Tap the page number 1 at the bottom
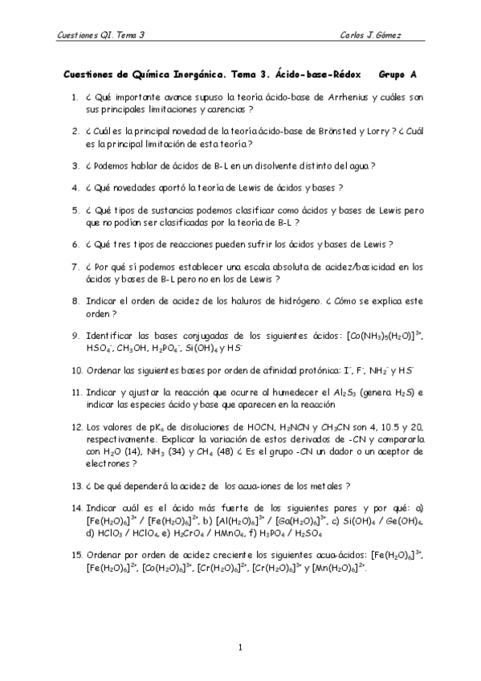click(241, 647)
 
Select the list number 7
click(74, 266)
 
